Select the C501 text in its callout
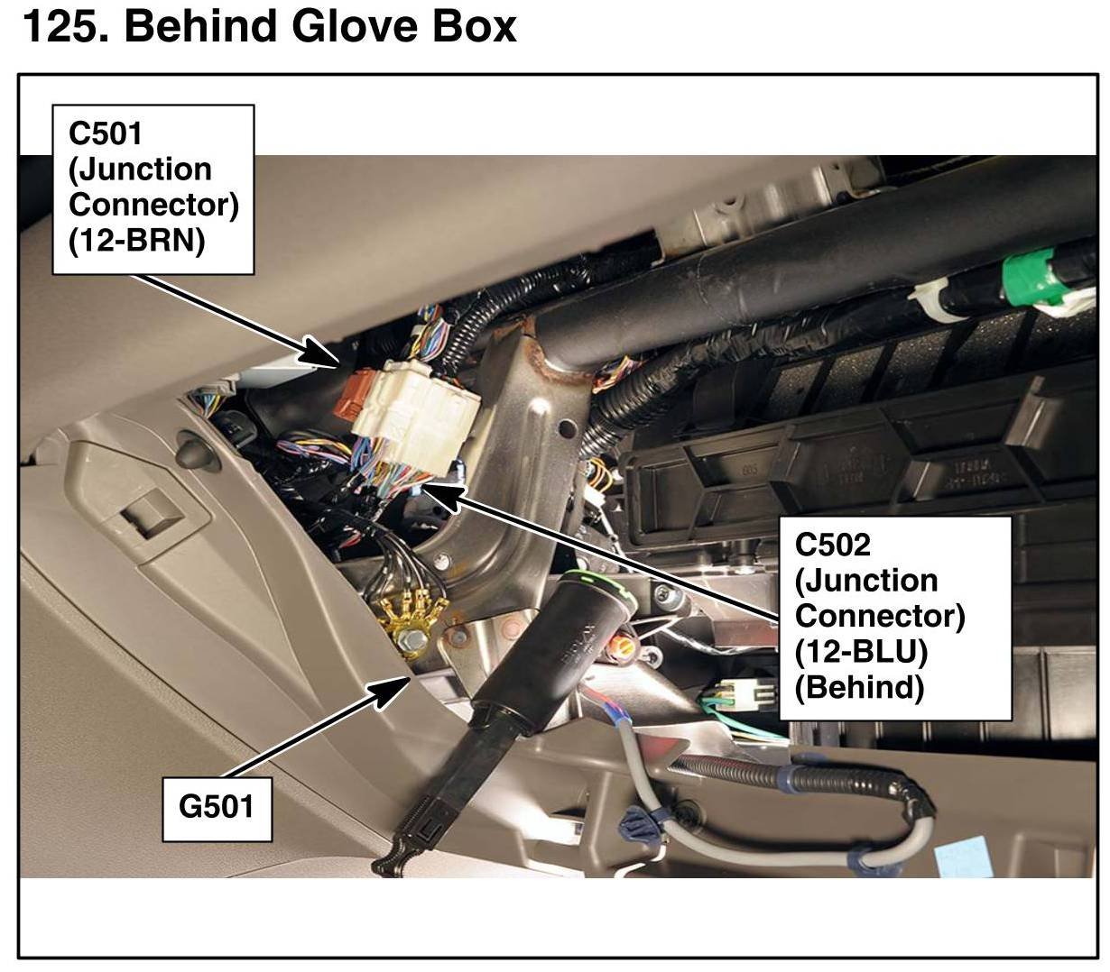tap(106, 133)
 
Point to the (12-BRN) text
tap(136, 241)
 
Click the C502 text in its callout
tap(833, 545)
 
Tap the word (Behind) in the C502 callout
tap(859, 687)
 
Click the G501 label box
tap(217, 805)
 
